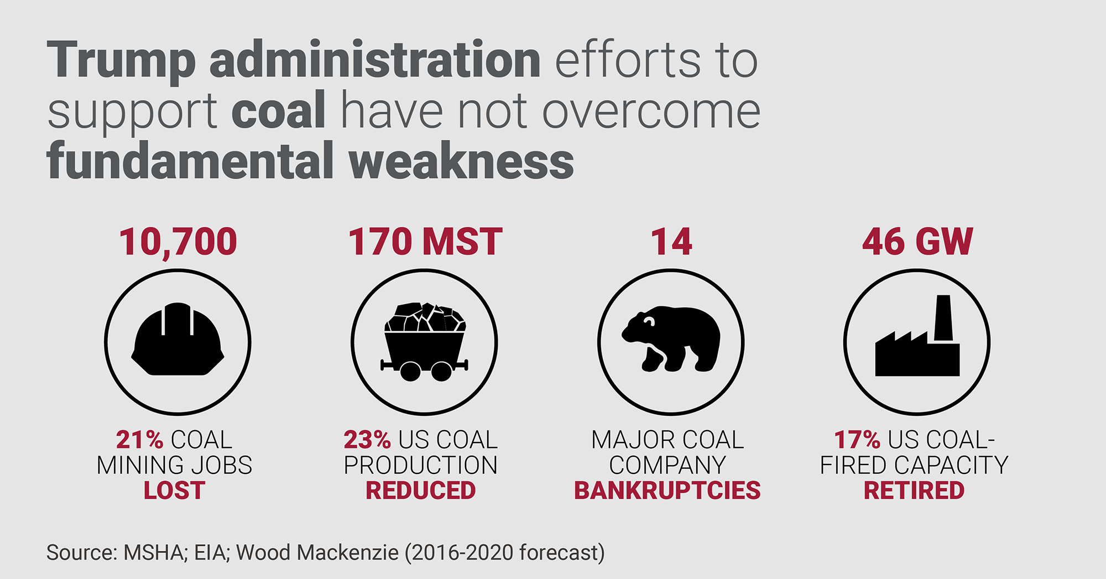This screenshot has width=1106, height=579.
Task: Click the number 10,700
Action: pos(178,242)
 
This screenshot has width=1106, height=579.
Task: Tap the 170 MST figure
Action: pos(425,242)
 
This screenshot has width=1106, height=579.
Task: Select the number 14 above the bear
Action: pos(671,242)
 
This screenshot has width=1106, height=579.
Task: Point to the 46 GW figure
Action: pos(917,242)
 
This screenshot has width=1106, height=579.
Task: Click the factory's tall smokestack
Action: pos(943,318)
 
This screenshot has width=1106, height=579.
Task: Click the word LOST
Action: pos(174,491)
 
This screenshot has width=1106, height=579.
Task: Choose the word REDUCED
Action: pos(421,491)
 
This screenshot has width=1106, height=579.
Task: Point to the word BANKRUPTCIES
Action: pos(667,491)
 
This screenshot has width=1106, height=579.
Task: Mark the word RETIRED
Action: pos(914,491)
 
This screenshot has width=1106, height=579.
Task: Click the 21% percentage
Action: pos(139,440)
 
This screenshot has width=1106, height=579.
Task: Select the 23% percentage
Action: pos(367,440)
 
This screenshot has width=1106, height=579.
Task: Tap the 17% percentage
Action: pos(857,440)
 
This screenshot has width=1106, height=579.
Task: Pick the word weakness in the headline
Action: pos(462,161)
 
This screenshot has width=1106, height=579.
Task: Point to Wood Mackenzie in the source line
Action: pos(317,552)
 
